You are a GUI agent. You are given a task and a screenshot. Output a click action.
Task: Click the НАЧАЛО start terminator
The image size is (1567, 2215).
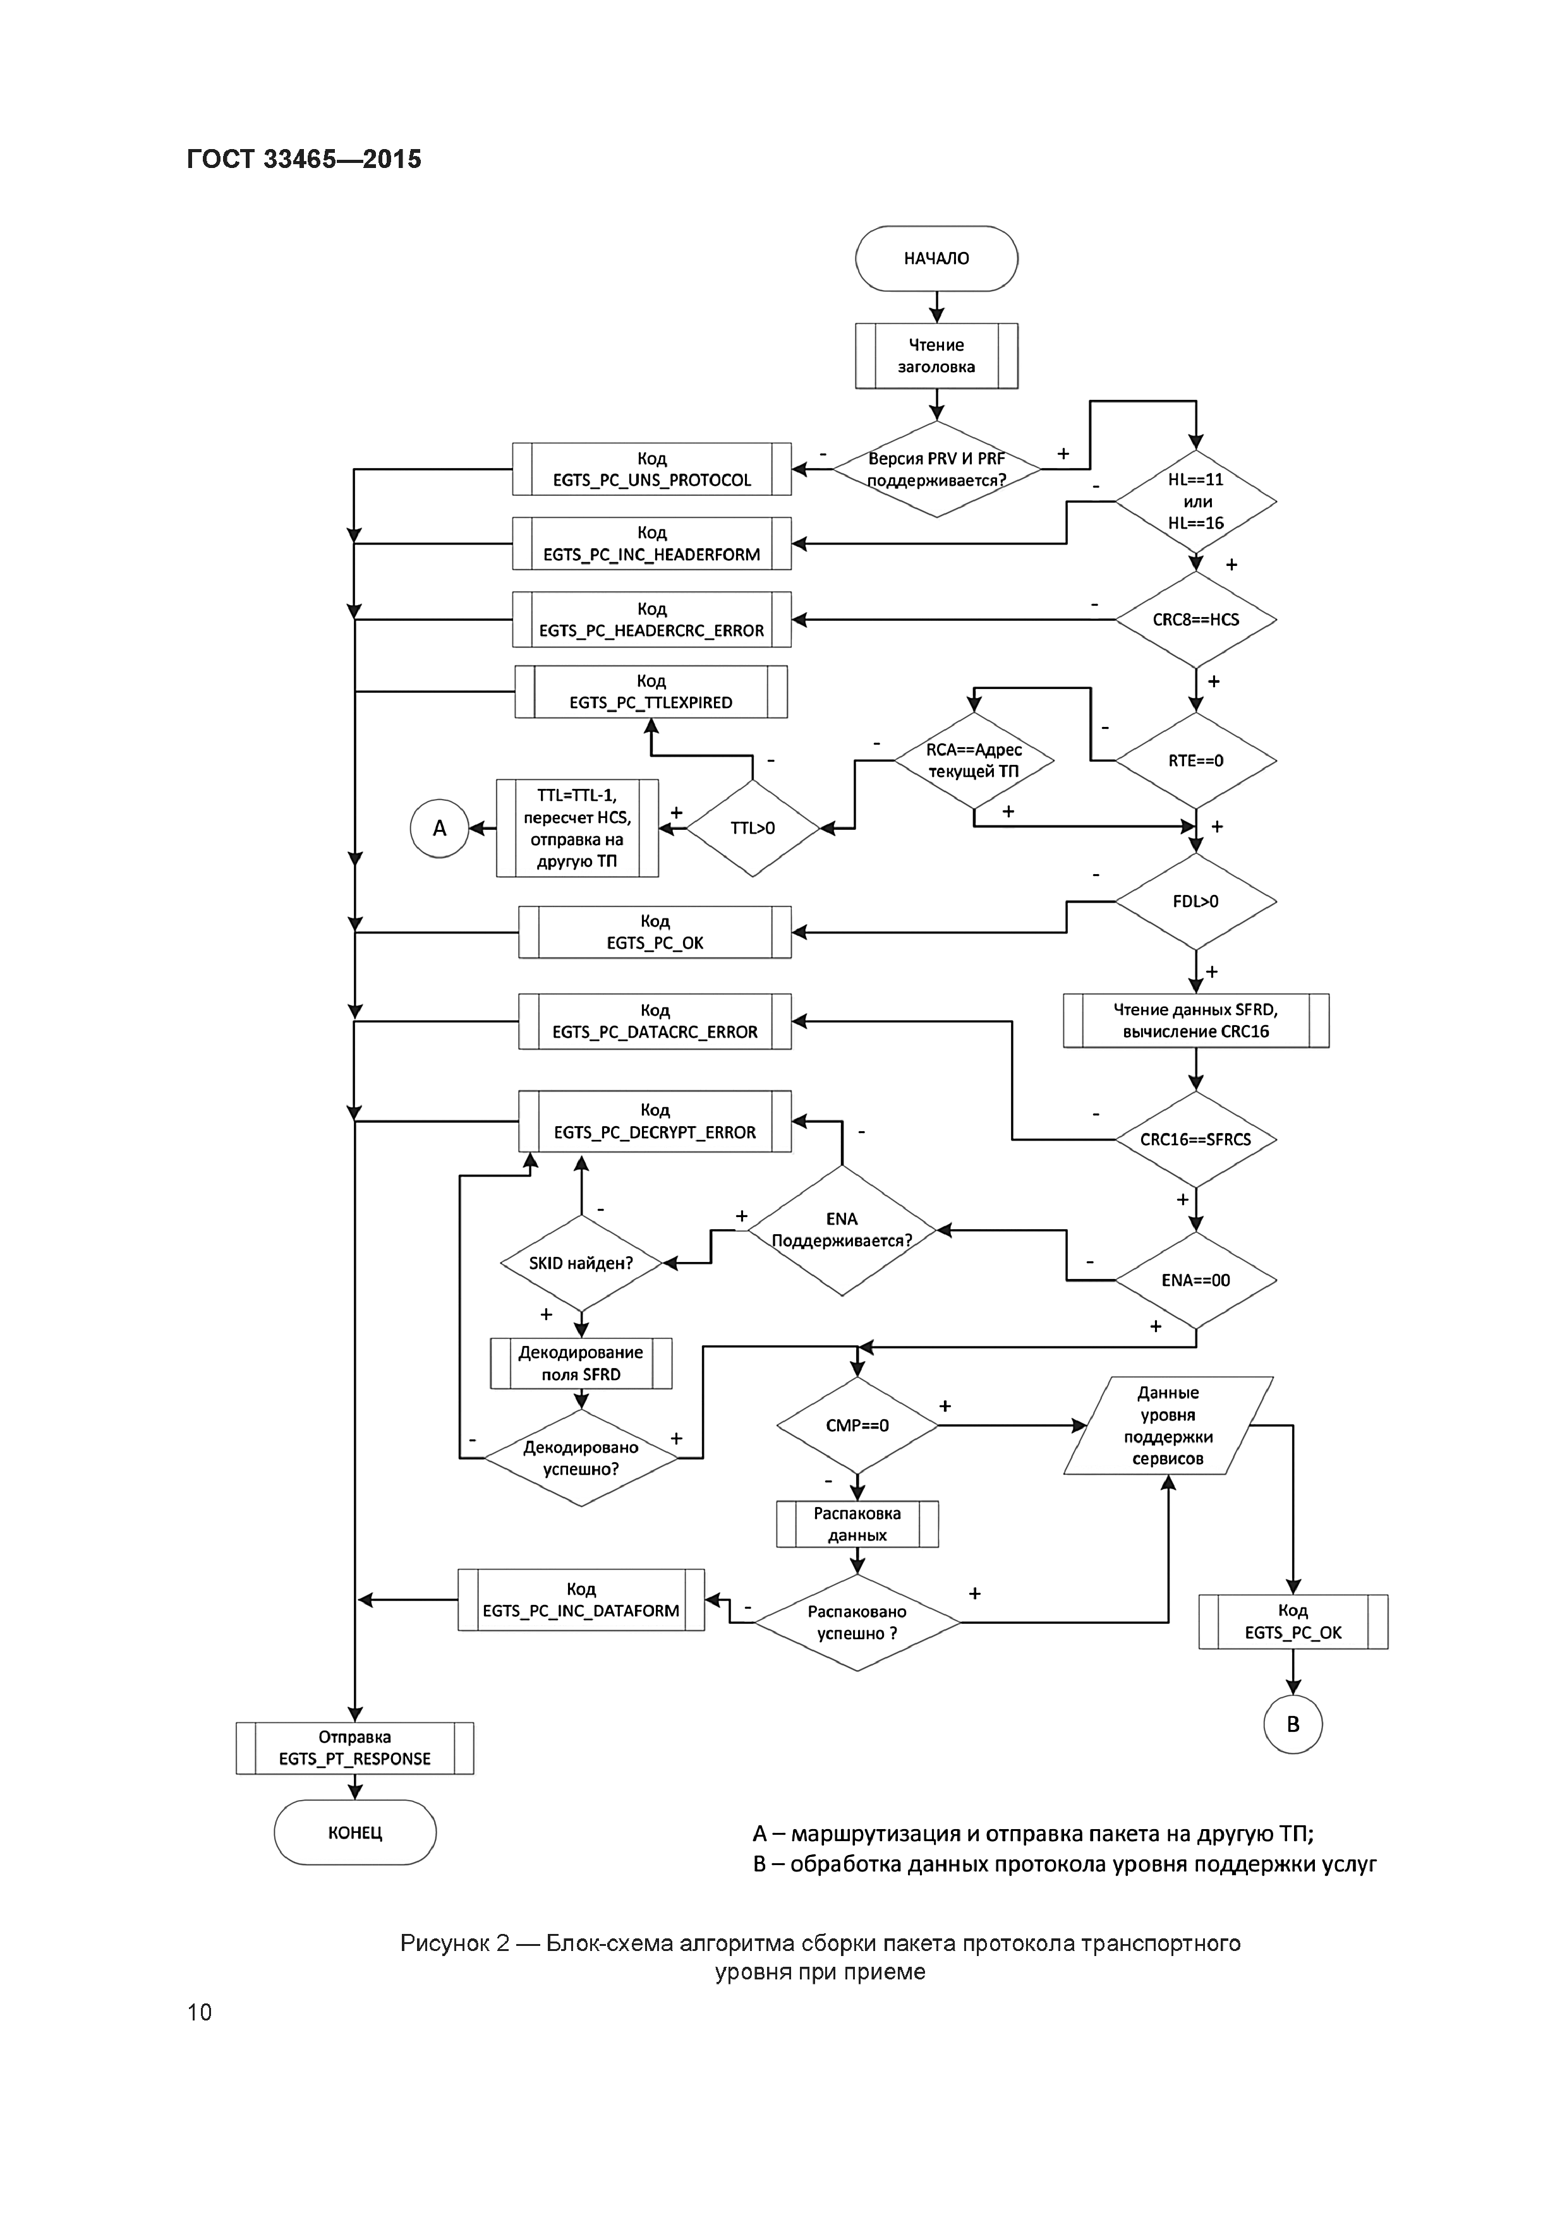pyautogui.click(x=936, y=258)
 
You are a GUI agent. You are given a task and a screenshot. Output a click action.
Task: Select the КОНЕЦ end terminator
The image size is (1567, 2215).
pyautogui.click(x=355, y=1832)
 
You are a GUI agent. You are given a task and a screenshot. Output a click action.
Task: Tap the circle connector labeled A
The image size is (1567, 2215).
pyautogui.click(x=439, y=828)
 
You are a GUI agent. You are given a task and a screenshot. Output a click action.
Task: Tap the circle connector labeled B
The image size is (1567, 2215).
pyautogui.click(x=1292, y=1724)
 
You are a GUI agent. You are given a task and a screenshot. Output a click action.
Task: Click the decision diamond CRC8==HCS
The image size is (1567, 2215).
pyautogui.click(x=1195, y=620)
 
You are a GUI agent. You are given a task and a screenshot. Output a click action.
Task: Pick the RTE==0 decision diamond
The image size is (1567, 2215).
pyautogui.click(x=1195, y=760)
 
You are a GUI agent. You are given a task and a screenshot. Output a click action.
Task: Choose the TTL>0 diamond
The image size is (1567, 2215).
pyautogui.click(x=753, y=828)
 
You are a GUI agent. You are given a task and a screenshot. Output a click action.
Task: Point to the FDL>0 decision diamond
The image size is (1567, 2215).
pyautogui.click(x=1195, y=901)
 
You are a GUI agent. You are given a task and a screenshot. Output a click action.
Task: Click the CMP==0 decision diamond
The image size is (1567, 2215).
pyautogui.click(x=857, y=1425)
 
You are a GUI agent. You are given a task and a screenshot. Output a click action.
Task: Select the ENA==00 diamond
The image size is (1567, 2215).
pyautogui.click(x=1195, y=1280)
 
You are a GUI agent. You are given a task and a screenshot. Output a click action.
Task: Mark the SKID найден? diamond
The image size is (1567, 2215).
pyautogui.click(x=581, y=1263)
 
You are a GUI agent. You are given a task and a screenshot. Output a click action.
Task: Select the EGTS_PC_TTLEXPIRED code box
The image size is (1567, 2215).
pyautogui.click(x=651, y=692)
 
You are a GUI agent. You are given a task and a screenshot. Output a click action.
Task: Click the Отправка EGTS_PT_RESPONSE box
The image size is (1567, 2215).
pyautogui.click(x=355, y=1748)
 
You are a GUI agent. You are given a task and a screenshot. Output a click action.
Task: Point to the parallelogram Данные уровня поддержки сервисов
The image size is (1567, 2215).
pyautogui.click(x=1168, y=1425)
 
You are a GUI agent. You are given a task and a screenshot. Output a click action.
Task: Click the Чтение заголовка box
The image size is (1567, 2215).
pyautogui.click(x=936, y=356)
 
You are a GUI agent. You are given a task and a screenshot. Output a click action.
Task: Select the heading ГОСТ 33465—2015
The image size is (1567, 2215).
pyautogui.click(x=304, y=159)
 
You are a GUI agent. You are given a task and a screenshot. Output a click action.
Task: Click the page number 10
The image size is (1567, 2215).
pyautogui.click(x=200, y=2012)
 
